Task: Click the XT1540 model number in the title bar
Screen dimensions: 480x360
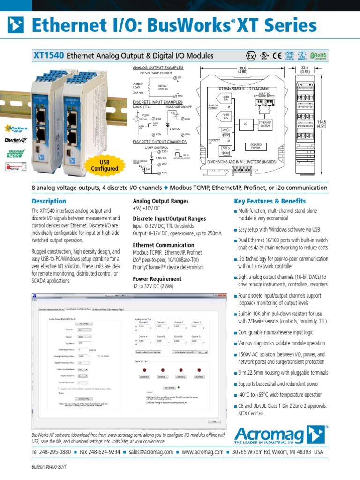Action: click(x=48, y=56)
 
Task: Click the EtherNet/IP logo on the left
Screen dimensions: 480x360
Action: click(x=15, y=140)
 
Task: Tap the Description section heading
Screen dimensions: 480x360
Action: click(x=49, y=202)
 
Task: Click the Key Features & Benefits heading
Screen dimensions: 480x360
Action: click(x=270, y=202)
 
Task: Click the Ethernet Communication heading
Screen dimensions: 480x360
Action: click(x=163, y=245)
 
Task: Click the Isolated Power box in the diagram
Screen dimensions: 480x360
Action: click(x=256, y=146)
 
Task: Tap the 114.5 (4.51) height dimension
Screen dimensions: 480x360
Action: click(x=321, y=124)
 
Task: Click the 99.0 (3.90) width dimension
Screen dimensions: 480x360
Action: click(x=242, y=70)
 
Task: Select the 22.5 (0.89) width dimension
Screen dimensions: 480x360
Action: click(x=305, y=70)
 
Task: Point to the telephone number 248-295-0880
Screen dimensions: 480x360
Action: click(x=51, y=452)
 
